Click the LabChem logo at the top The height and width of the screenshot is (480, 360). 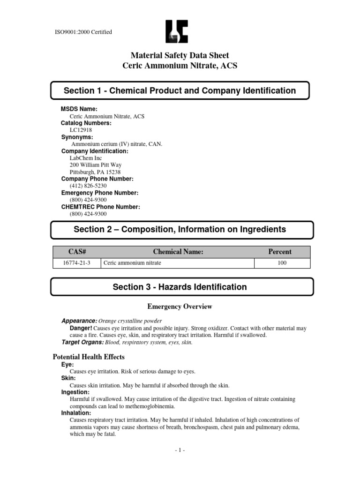[x=177, y=31]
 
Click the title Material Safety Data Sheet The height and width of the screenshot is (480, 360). [x=180, y=56]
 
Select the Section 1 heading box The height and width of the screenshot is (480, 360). [x=180, y=90]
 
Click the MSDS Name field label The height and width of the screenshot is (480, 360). [x=79, y=109]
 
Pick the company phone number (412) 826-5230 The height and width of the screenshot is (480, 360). [x=85, y=186]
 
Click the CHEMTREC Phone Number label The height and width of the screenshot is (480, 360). [x=101, y=207]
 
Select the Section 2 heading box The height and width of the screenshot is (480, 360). [x=180, y=229]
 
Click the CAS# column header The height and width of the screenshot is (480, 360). [x=76, y=252]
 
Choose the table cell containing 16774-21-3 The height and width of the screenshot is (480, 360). [x=76, y=263]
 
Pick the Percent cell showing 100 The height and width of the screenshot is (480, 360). [x=282, y=263]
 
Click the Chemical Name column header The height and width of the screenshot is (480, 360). [x=178, y=252]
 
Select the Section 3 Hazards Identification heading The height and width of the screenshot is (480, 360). [x=180, y=287]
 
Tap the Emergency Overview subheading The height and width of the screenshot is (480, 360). [x=180, y=307]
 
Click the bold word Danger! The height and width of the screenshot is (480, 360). [x=81, y=329]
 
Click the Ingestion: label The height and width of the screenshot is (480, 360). [x=75, y=392]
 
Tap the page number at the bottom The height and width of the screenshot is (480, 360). [x=180, y=450]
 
